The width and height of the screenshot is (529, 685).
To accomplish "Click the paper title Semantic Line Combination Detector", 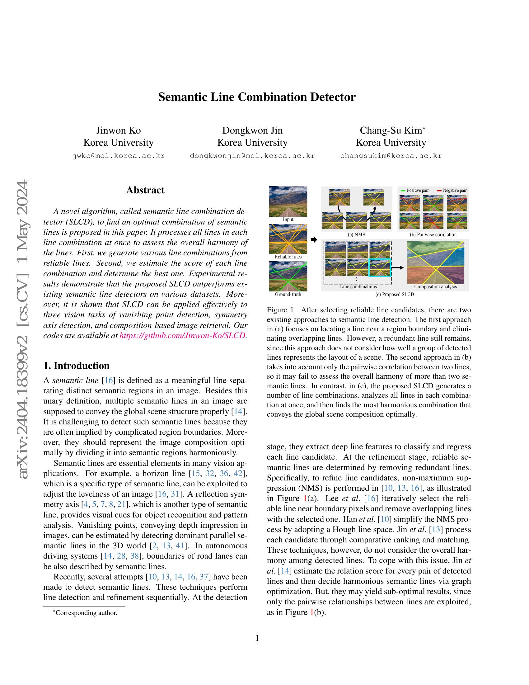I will point(257,97).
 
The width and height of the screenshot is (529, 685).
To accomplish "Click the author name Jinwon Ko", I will point(118,130).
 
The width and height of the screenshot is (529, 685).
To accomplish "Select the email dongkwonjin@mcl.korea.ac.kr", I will point(252,156).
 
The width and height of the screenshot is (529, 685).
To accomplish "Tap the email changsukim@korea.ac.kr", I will point(391,156).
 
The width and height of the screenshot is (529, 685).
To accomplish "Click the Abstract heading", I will point(145,190).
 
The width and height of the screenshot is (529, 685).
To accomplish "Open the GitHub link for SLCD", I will point(183,335).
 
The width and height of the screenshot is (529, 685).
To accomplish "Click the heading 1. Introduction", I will point(77,366).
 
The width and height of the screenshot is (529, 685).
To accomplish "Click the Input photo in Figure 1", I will point(288,201).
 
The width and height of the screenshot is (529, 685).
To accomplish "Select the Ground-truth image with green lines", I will point(288,276).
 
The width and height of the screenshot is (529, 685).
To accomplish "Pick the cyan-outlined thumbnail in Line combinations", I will point(380,267).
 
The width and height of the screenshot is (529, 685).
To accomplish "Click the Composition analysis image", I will point(435,262).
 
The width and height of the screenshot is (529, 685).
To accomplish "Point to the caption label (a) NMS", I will point(357,234).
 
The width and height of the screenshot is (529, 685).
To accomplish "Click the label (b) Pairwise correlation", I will point(433,234).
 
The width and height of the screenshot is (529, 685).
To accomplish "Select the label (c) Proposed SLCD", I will point(395,295).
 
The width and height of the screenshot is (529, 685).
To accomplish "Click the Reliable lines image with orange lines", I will point(288,239).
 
